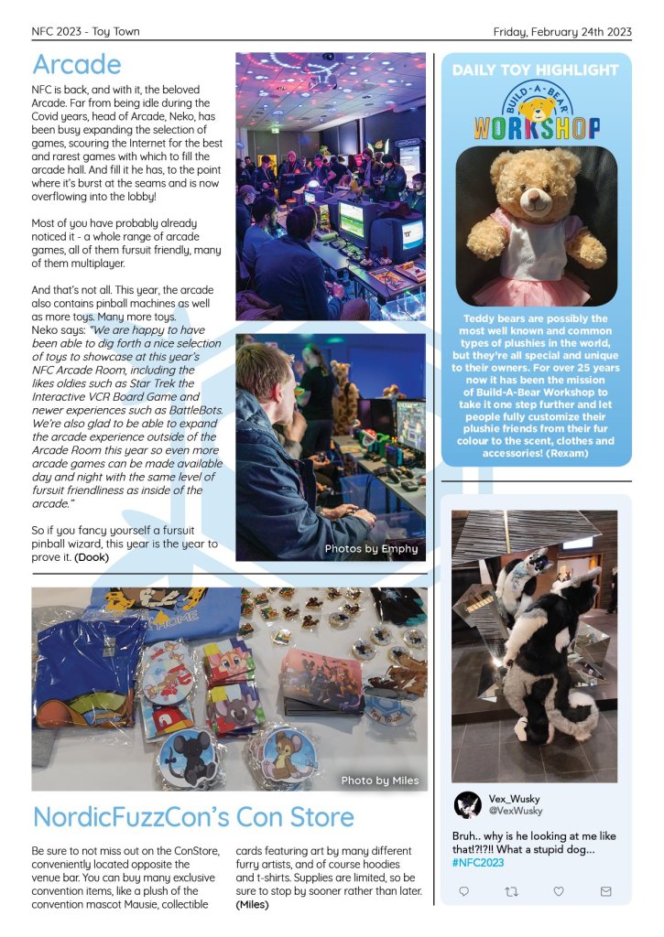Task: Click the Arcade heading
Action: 76,64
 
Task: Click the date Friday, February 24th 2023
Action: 562,31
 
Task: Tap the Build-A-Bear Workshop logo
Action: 537,114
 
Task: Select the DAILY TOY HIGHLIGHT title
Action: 536,70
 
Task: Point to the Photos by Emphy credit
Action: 371,549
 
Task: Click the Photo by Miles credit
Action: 379,781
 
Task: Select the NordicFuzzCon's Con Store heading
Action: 193,816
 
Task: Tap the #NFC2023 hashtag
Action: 478,863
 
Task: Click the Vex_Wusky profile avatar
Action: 468,804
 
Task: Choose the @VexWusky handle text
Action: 516,811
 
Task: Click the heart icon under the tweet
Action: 559,890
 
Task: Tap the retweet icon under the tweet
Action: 511,890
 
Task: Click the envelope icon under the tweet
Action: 605,890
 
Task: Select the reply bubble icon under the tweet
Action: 464,890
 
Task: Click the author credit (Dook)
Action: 93,556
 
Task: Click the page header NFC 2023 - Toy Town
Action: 85,31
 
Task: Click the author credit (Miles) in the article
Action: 253,905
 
